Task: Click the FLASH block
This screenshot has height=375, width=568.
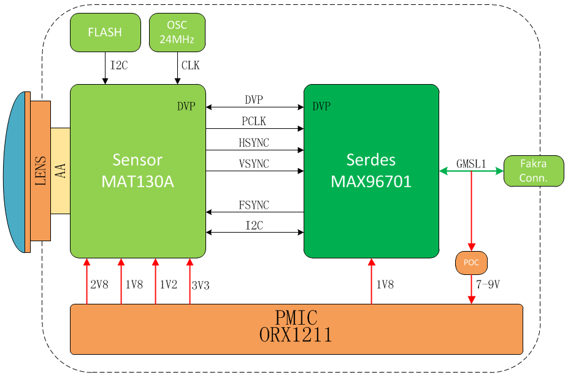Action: coord(105,33)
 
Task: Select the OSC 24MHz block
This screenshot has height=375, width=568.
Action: coord(177,33)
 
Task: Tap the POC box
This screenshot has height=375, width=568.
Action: coord(471,263)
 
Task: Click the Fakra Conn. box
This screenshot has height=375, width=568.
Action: coord(534,171)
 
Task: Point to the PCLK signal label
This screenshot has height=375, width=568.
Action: coord(254,121)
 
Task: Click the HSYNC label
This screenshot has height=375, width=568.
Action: coord(254,143)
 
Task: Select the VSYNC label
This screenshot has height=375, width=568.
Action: coord(254,164)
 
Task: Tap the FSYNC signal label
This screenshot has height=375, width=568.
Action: coord(254,205)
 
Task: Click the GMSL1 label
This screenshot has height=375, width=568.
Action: coord(471,164)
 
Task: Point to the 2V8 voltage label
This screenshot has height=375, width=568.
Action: coord(99,285)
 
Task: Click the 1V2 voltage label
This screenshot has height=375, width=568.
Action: coord(169,285)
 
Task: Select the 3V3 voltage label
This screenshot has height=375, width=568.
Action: coord(201,285)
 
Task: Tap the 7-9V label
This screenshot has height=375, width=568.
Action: coord(488,285)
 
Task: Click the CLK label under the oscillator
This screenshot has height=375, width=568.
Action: coord(191,66)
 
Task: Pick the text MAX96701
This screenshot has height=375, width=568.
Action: coord(371,182)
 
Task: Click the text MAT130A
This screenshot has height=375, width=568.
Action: coord(137,182)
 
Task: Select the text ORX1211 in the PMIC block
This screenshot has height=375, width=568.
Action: coord(296,334)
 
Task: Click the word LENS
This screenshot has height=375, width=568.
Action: coord(40,171)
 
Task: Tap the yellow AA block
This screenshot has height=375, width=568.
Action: coord(60,171)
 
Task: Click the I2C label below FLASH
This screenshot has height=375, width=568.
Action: coord(119,66)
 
